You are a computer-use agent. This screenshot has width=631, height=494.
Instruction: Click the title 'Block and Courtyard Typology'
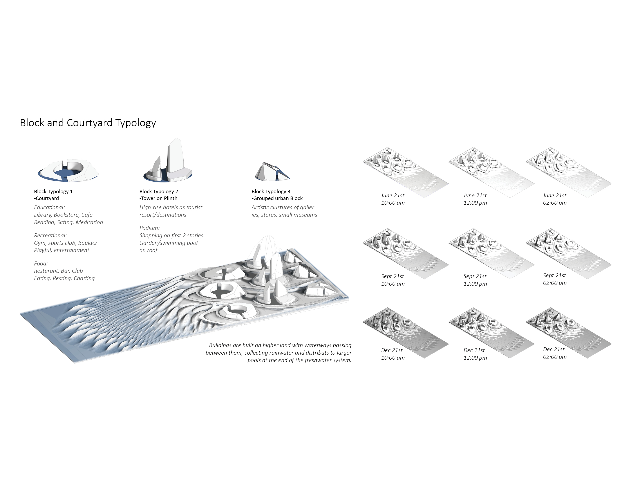click(x=88, y=123)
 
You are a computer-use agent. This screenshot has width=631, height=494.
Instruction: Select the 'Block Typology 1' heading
click(x=53, y=191)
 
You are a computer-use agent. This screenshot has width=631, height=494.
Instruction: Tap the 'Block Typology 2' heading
click(x=159, y=191)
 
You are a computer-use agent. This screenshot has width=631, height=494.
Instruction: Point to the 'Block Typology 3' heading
click(x=271, y=191)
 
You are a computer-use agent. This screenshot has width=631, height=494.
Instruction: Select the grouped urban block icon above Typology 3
click(x=272, y=172)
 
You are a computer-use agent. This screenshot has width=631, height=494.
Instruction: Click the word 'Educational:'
click(x=49, y=207)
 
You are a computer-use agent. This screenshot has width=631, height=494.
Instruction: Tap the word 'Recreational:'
click(x=50, y=235)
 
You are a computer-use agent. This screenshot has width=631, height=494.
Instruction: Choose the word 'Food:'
click(x=41, y=263)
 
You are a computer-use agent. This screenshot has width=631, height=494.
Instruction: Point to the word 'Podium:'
click(x=150, y=228)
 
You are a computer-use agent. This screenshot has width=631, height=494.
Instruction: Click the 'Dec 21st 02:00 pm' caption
click(x=555, y=353)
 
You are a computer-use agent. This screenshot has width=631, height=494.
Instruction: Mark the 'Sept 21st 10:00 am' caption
click(x=393, y=280)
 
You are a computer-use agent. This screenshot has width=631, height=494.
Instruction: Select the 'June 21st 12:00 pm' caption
click(x=475, y=199)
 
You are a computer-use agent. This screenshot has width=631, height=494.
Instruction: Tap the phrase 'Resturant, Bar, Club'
click(x=58, y=271)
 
